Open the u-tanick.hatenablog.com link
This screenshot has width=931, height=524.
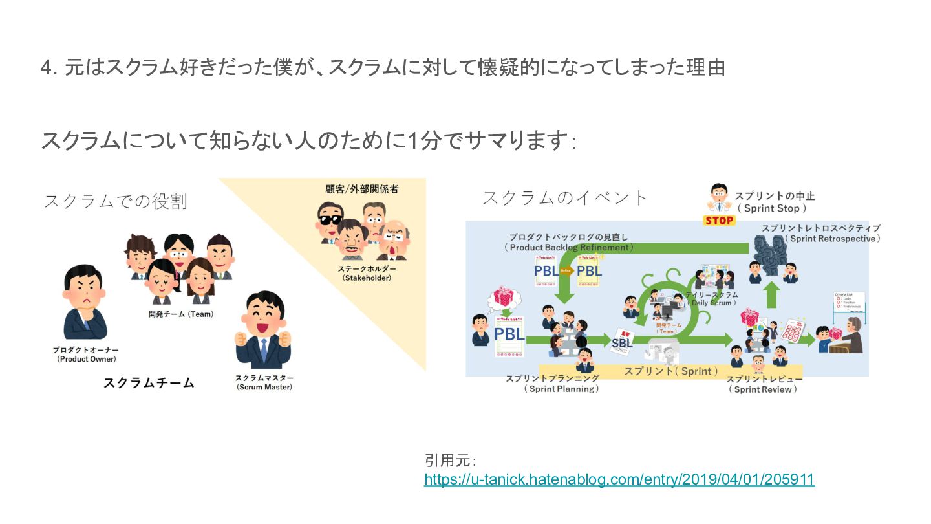tap(619, 479)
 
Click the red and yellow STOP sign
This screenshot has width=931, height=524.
tap(720, 220)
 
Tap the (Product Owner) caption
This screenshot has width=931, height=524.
tap(87, 358)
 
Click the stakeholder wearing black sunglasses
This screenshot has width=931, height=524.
tap(330, 219)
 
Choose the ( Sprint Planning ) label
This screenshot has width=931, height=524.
tap(561, 389)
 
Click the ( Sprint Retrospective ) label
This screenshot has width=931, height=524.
tap(833, 239)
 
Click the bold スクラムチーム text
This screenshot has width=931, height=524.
tap(149, 382)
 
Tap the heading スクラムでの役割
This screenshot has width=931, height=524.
tap(115, 201)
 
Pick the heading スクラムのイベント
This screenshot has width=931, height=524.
tap(564, 197)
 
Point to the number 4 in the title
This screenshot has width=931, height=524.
tap(45, 68)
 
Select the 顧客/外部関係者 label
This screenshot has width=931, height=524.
tap(361, 190)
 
